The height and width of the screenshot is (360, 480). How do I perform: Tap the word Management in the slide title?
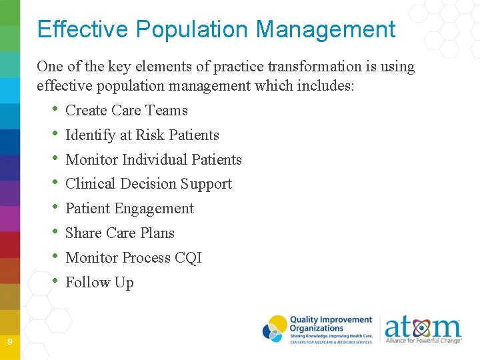[x=325, y=29]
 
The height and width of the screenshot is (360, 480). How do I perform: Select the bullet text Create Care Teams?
[x=127, y=111]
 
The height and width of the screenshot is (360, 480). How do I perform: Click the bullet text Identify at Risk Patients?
[x=142, y=135]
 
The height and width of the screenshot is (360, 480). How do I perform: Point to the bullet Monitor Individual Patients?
[x=153, y=160]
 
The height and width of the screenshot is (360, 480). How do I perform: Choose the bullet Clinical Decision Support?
[x=149, y=184]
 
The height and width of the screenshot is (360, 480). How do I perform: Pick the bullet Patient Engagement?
[x=129, y=209]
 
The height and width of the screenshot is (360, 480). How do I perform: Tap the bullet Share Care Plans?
[x=120, y=233]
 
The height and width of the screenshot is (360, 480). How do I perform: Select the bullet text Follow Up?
[x=99, y=283]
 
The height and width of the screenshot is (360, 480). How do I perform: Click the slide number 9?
[x=10, y=342]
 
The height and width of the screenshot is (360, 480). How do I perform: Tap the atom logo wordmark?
[x=422, y=327]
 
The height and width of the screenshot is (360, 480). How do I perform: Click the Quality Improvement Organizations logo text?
[x=331, y=325]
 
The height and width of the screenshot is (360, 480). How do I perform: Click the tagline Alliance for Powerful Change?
[x=423, y=341]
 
